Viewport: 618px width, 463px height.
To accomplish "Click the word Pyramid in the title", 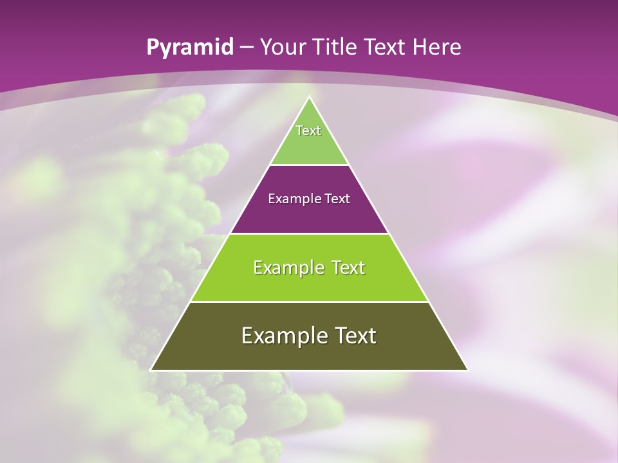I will (189, 48).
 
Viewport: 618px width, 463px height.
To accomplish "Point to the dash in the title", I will (246, 48).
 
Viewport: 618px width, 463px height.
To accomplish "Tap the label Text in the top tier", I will (308, 131).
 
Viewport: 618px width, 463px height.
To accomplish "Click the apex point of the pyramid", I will (309, 97).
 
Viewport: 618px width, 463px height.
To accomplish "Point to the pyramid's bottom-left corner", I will (151, 370).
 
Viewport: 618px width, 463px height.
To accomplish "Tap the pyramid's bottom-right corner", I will (467, 370).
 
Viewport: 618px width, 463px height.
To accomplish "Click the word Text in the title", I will (387, 47).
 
